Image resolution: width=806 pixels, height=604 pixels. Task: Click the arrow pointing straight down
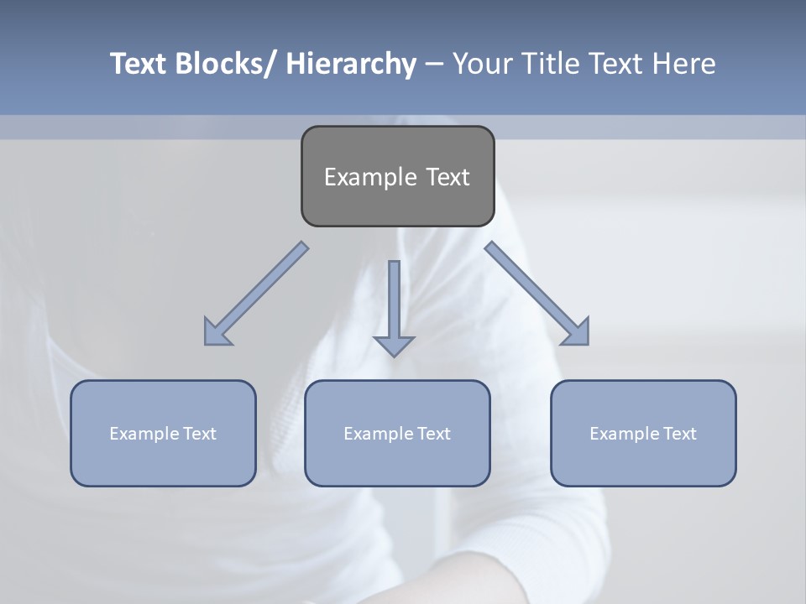[x=394, y=306]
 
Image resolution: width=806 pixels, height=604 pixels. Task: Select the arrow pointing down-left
[x=256, y=294]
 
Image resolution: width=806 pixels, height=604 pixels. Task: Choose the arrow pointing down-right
[x=537, y=294]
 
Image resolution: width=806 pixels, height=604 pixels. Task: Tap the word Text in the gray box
[x=447, y=177]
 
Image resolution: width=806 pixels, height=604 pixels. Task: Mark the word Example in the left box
[x=144, y=434]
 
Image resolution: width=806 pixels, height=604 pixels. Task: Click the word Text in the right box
[x=679, y=434]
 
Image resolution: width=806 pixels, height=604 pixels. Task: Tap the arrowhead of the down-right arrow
[x=578, y=334]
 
